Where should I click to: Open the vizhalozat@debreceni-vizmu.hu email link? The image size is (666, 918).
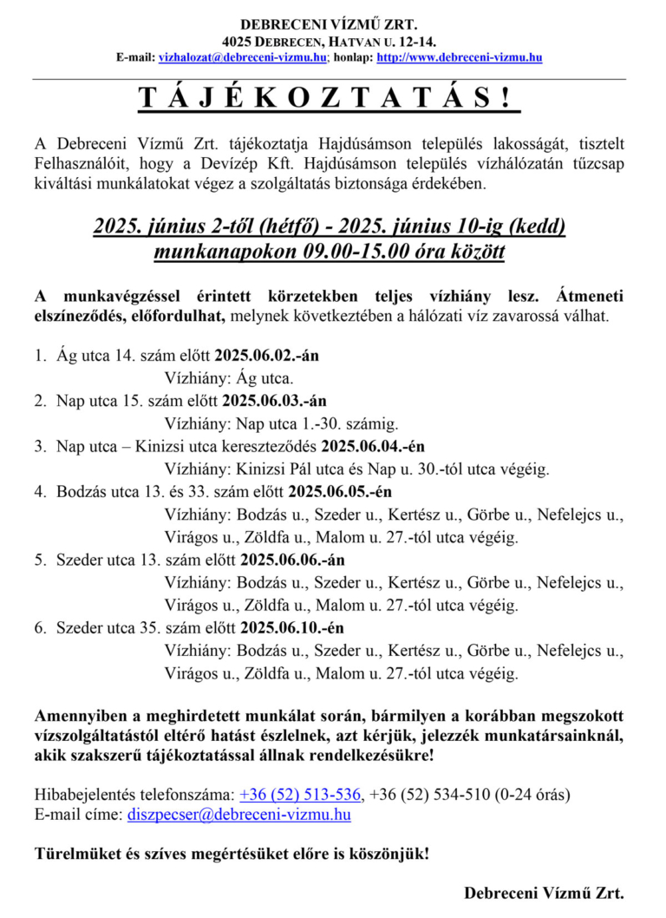243,57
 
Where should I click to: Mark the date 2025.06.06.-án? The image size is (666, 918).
292,560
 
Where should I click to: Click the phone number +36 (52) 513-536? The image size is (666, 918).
300,794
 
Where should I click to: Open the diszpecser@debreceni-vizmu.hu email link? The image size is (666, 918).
239,815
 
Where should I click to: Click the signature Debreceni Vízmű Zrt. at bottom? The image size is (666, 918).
544,893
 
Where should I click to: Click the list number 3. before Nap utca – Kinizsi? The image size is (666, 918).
40,447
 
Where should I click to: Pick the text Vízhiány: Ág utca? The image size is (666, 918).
229,378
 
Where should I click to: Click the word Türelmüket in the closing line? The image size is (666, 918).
74,853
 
